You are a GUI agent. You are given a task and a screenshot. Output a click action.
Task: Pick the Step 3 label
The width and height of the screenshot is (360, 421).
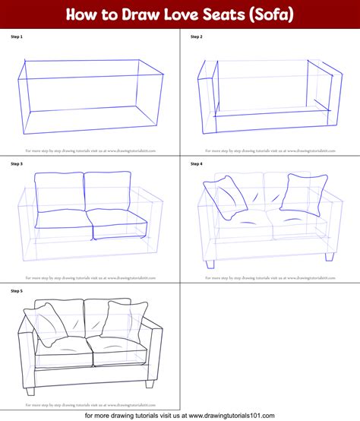(x=17, y=163)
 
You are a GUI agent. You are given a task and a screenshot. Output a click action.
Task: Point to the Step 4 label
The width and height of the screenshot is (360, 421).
(x=196, y=163)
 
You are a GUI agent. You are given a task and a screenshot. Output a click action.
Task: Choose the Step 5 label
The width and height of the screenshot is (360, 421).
(x=17, y=290)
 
